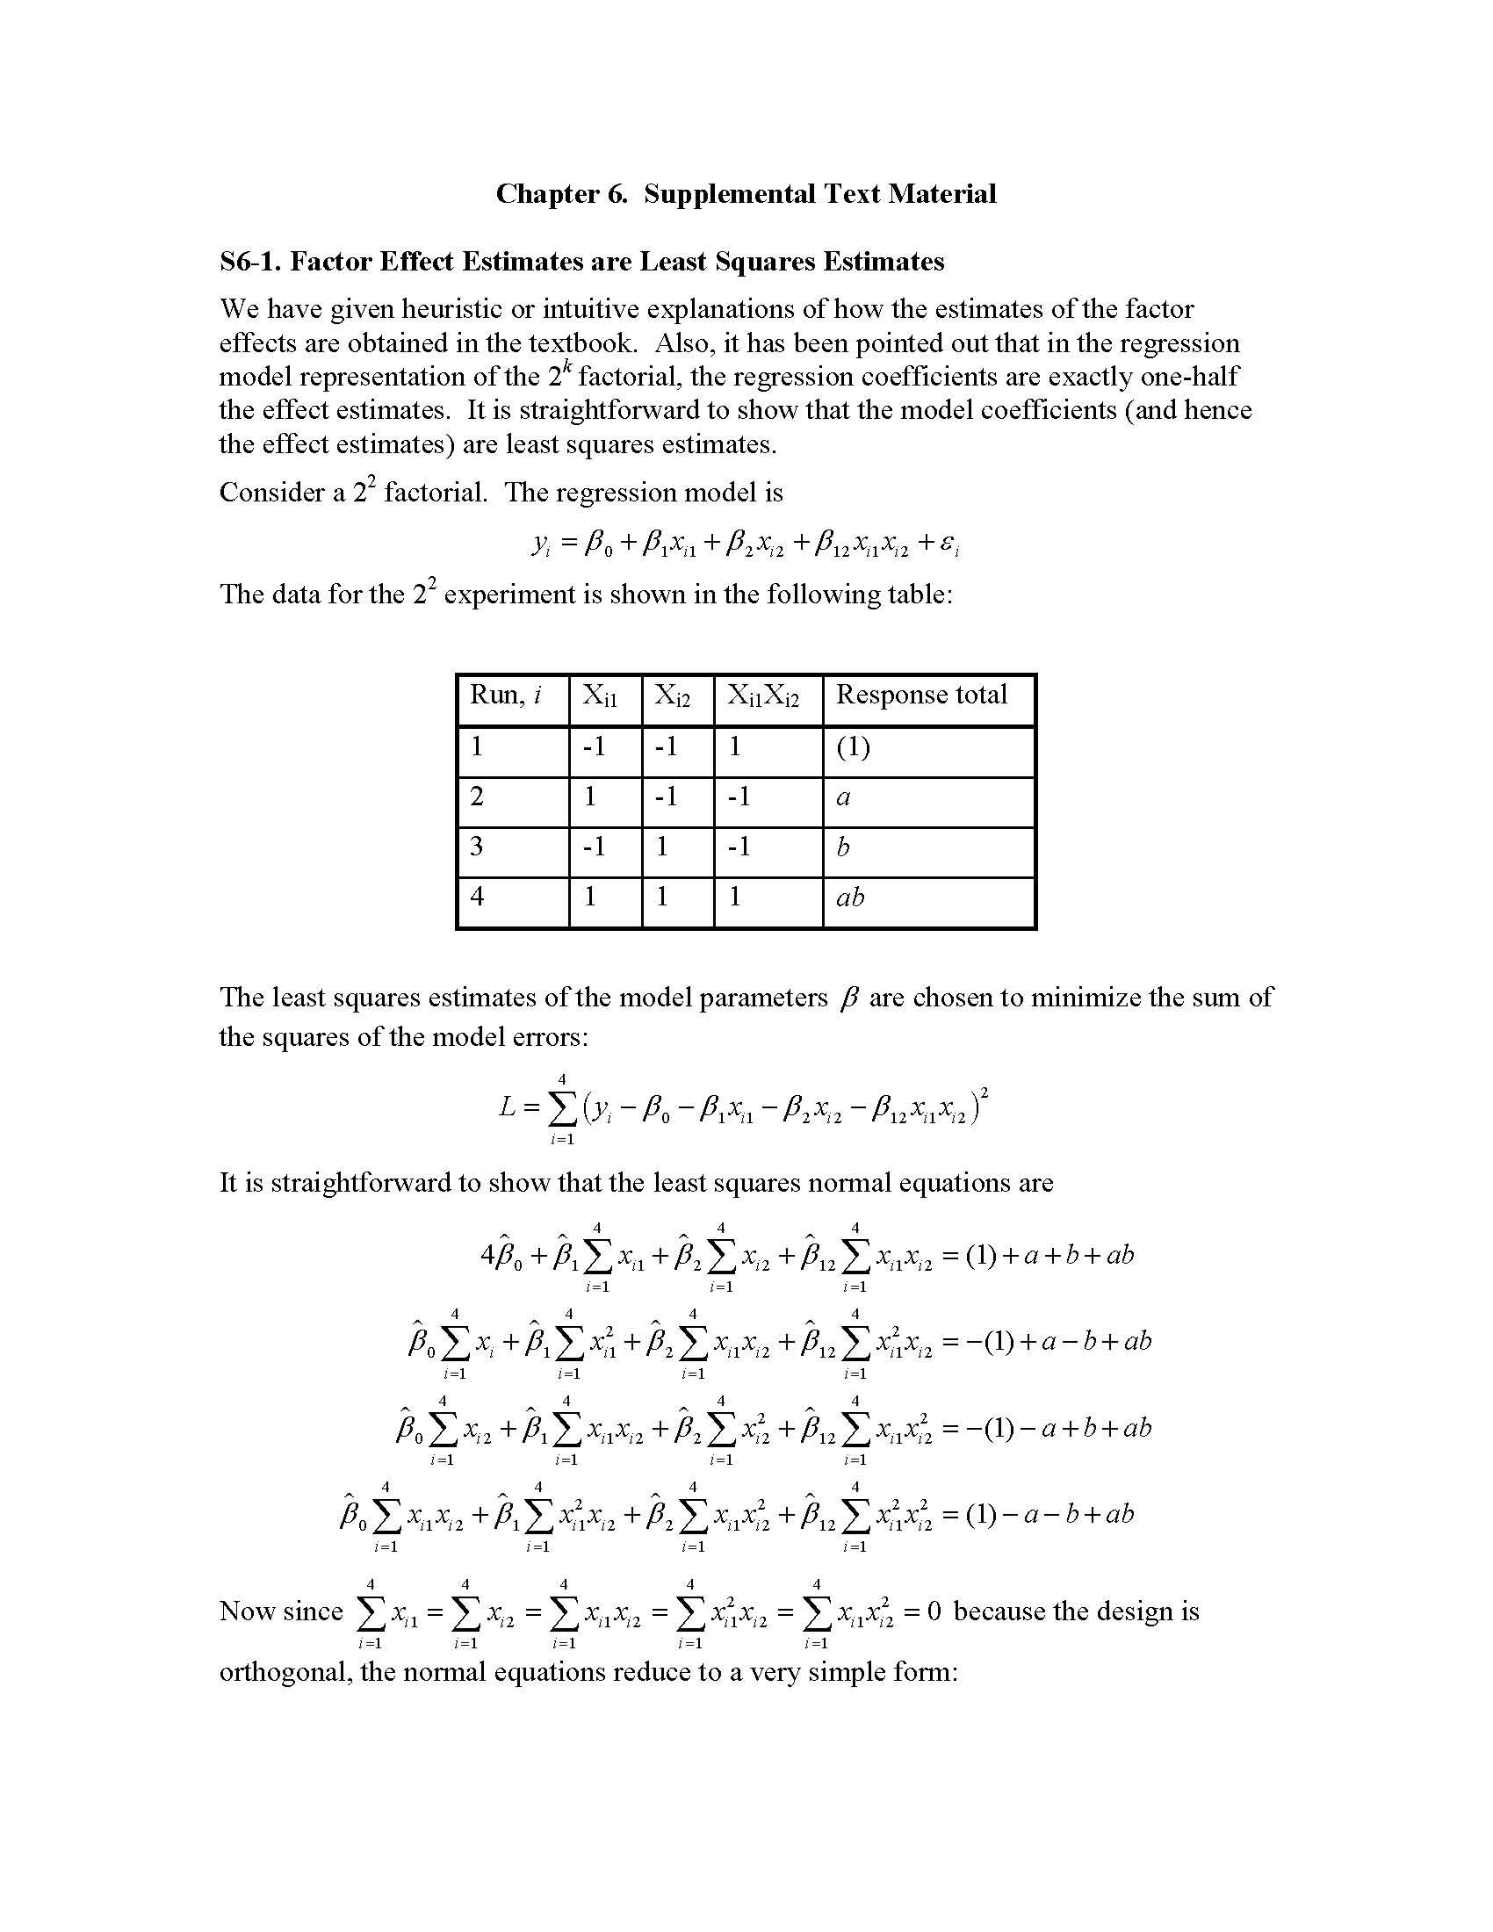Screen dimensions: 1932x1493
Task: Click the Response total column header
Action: tap(920, 695)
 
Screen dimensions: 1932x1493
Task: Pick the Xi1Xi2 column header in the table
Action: tap(762, 696)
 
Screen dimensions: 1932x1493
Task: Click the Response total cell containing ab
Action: tap(850, 898)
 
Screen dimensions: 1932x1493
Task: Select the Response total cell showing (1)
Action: tap(853, 747)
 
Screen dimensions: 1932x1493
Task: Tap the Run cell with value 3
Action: tap(478, 847)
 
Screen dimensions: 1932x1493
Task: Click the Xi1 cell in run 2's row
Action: tap(590, 797)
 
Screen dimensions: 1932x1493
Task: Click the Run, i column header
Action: tap(505, 696)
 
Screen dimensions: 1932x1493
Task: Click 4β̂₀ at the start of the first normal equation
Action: tap(501, 1256)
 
